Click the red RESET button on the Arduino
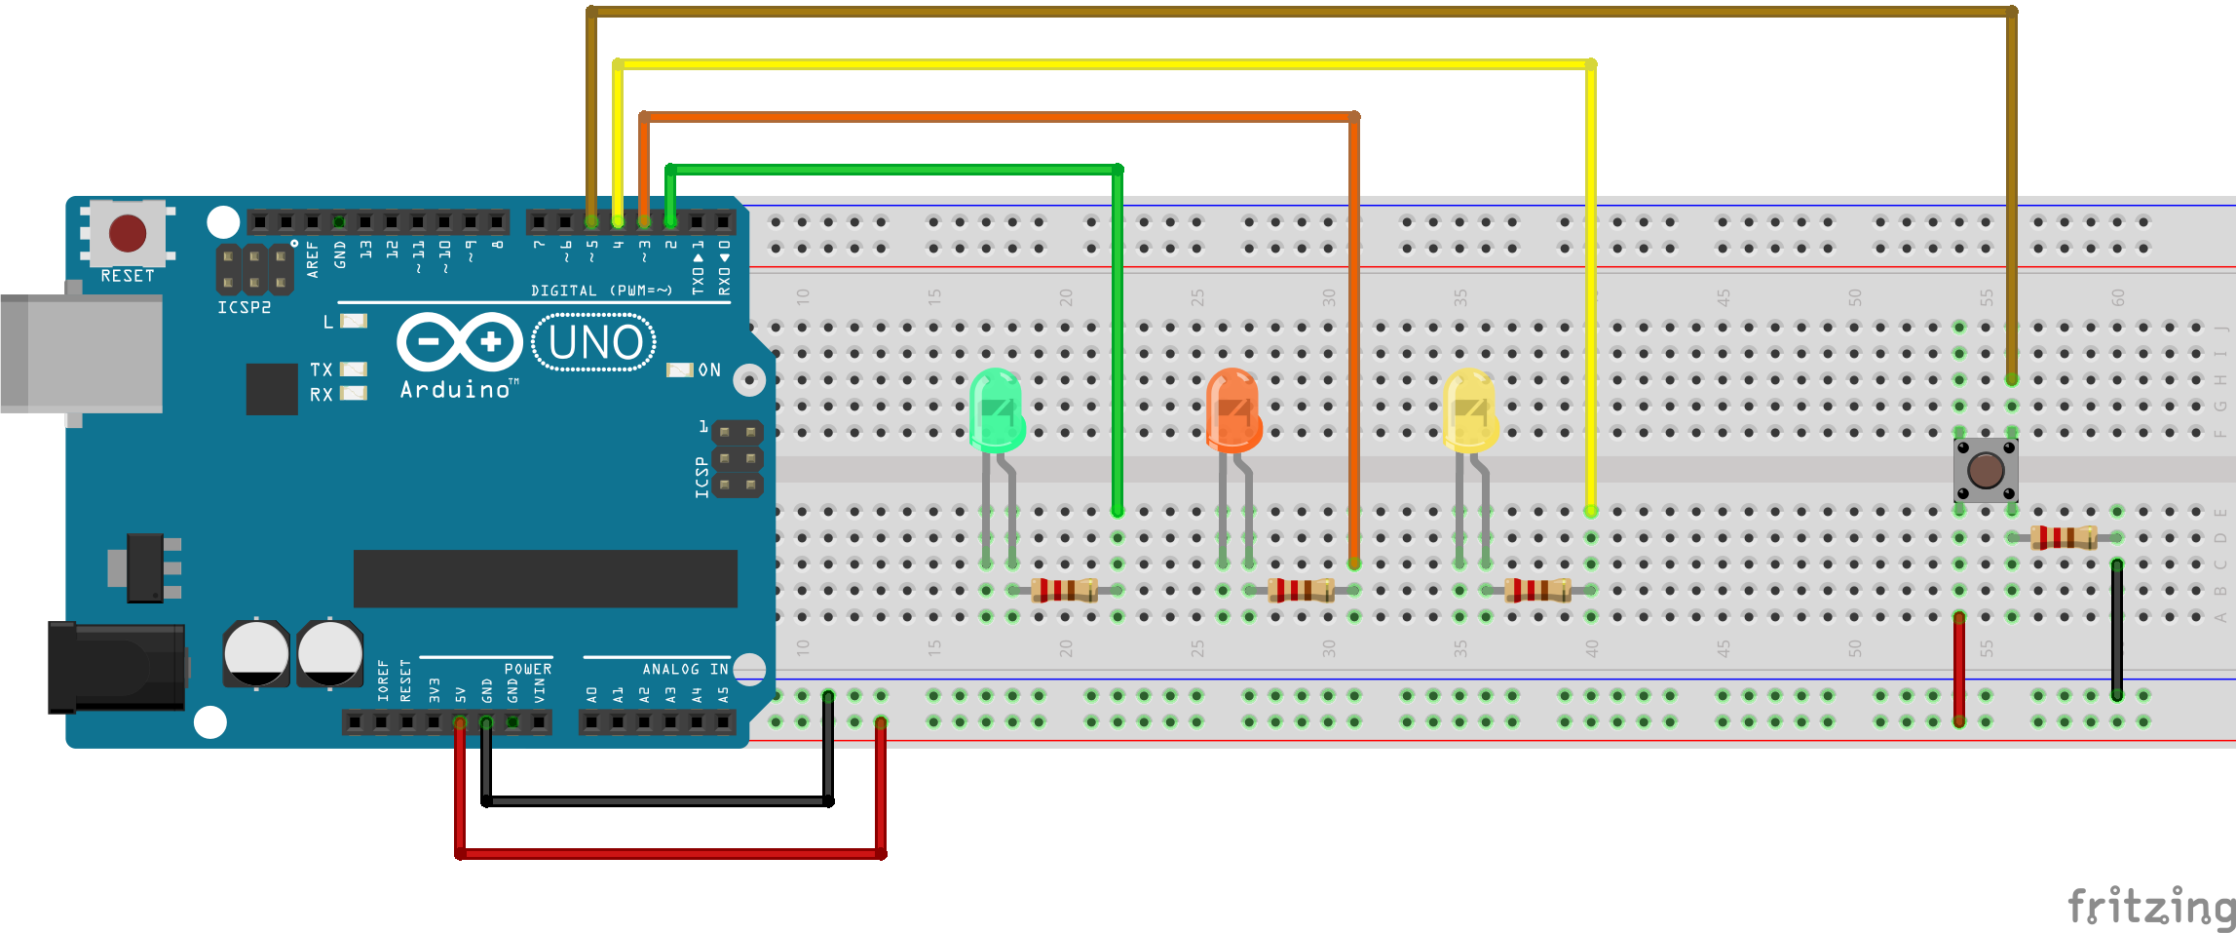coord(128,234)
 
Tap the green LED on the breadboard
coord(997,410)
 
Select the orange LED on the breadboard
coord(1233,410)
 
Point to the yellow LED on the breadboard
coord(1470,410)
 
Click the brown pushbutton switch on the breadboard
coord(1986,471)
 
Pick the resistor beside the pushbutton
coord(2064,537)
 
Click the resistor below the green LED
coord(1064,590)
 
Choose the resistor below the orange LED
coord(1301,590)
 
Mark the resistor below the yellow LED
coord(1537,590)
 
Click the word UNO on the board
coord(595,343)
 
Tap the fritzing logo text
coord(2150,907)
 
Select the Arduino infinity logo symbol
coord(460,342)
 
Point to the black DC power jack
coord(117,667)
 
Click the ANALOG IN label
coord(685,670)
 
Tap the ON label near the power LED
coord(709,370)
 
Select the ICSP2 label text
coord(244,308)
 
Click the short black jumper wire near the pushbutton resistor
coord(2117,629)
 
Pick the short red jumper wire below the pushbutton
coord(1959,669)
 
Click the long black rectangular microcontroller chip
coord(545,578)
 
